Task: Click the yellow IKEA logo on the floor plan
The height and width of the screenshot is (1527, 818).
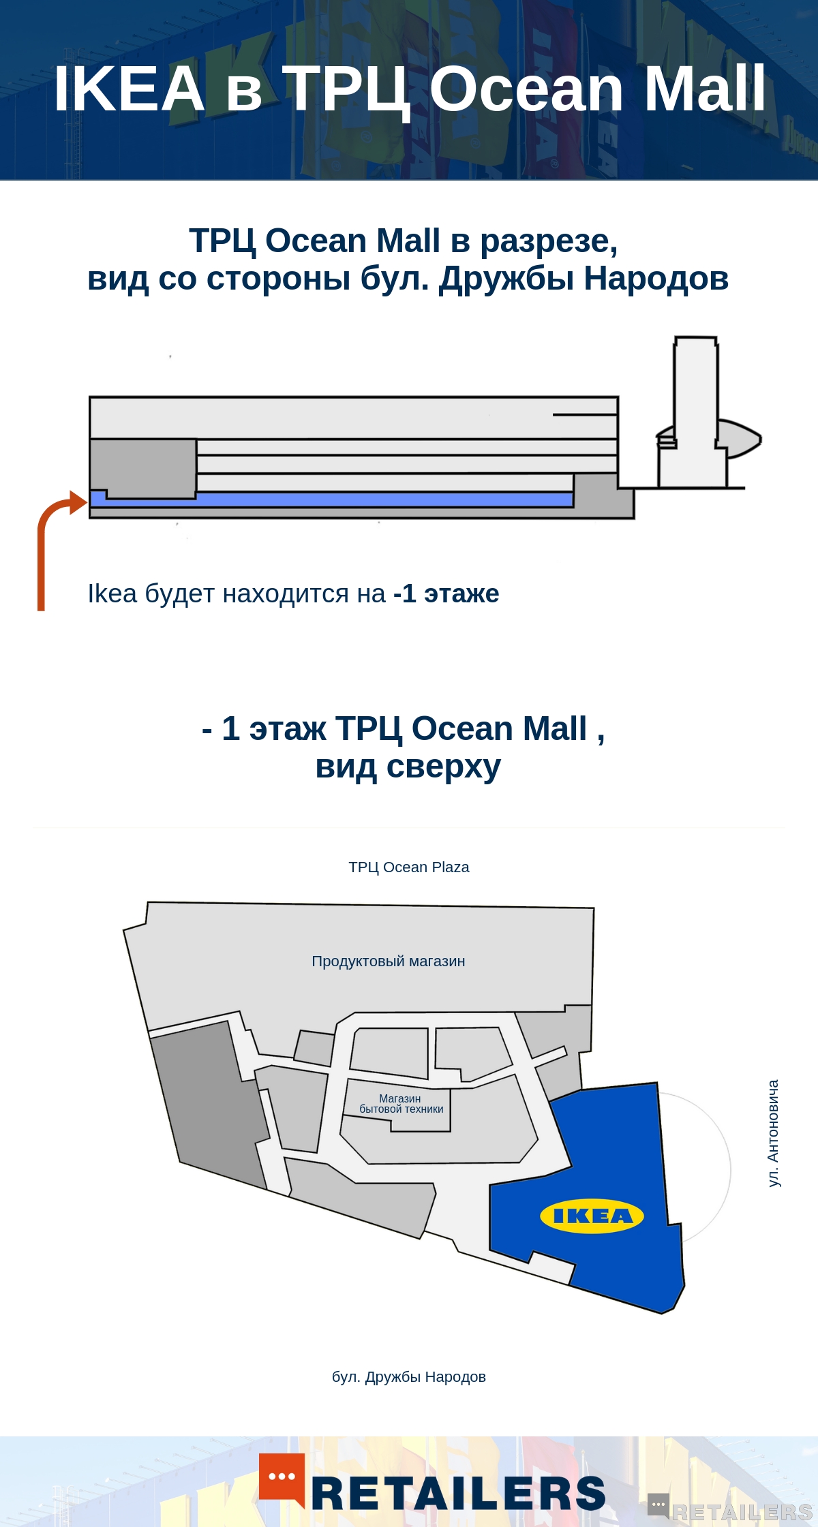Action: [592, 1216]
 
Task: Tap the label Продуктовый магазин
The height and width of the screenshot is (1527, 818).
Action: [389, 961]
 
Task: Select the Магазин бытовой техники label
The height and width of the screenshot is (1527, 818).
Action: [401, 1104]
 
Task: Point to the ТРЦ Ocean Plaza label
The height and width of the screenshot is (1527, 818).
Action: [409, 867]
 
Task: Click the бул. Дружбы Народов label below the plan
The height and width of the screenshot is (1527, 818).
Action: [409, 1377]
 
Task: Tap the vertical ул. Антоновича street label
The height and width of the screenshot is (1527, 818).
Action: [773, 1133]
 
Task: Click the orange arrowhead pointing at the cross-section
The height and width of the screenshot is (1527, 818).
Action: [78, 502]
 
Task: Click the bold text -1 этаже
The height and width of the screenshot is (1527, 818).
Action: [446, 593]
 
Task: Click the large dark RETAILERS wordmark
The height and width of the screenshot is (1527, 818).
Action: [459, 1494]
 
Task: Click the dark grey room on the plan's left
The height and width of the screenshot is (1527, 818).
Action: [208, 1104]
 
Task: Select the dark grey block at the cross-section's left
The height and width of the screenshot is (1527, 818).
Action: [143, 467]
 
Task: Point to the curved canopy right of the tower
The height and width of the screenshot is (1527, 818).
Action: [740, 438]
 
